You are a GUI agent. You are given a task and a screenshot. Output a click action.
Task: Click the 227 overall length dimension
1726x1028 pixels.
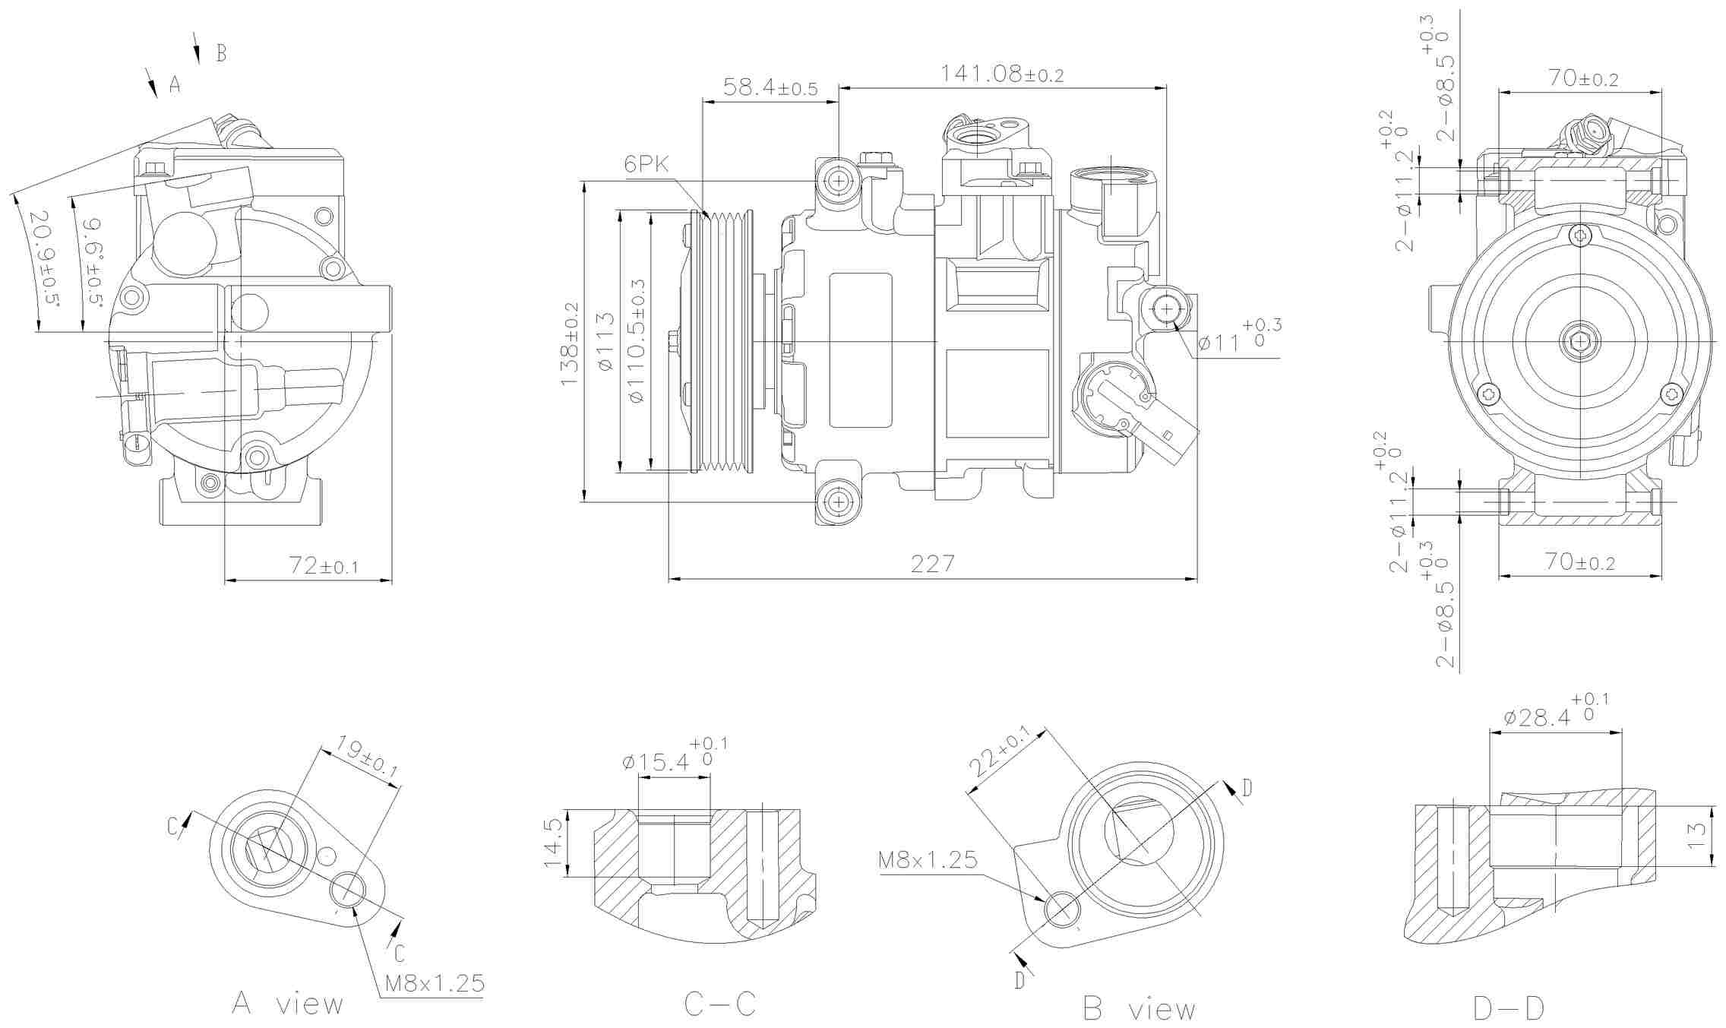click(x=932, y=564)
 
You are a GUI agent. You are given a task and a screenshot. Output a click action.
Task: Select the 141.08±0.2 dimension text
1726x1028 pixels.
click(x=1002, y=74)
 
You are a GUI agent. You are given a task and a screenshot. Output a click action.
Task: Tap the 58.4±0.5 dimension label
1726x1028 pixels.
click(x=770, y=87)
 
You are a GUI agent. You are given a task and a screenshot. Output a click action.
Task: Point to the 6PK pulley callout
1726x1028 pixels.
click(x=646, y=164)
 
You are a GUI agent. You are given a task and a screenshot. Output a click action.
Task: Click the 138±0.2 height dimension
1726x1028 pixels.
click(x=570, y=343)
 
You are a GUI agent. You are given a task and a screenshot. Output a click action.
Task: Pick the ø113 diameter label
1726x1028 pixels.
click(x=605, y=342)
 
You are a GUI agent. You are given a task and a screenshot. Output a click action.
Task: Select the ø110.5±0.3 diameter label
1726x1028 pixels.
click(x=637, y=340)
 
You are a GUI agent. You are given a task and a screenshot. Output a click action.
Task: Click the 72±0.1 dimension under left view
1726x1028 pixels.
click(x=323, y=565)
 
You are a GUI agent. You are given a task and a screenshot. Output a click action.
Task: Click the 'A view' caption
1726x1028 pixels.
click(x=288, y=1004)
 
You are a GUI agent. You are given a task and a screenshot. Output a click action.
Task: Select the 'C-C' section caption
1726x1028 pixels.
click(x=719, y=1004)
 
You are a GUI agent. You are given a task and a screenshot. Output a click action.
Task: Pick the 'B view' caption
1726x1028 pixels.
click(x=1139, y=1009)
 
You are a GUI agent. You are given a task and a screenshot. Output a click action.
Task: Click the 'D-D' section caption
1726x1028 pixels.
click(x=1508, y=1008)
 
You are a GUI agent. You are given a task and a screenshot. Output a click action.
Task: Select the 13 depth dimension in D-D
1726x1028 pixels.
click(x=1696, y=836)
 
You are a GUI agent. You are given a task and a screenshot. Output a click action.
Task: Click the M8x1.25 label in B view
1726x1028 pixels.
click(x=928, y=859)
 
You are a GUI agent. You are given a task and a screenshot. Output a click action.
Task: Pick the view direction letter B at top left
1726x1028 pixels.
click(x=221, y=53)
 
